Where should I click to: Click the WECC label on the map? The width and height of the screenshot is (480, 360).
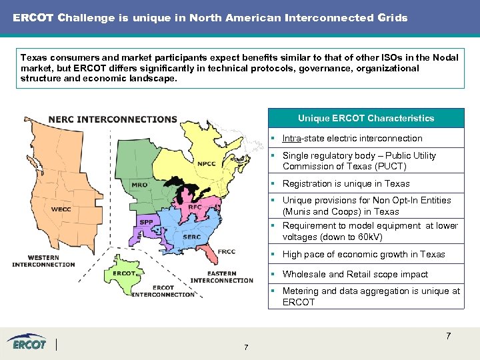[x=61, y=209]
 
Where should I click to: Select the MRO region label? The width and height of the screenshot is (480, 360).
[x=139, y=185]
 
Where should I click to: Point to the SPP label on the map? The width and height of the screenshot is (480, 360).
[x=145, y=221]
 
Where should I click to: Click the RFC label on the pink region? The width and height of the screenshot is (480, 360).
[x=195, y=207]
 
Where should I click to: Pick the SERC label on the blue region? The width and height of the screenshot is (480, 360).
[x=192, y=237]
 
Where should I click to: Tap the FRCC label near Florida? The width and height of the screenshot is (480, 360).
[x=227, y=252]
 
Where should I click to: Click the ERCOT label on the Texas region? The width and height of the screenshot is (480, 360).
[x=125, y=273]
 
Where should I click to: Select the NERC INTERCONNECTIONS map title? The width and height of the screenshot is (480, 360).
[x=113, y=119]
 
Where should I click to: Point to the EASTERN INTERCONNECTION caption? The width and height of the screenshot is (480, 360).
[x=222, y=277]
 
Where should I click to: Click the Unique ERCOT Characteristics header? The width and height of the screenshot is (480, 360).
[x=365, y=118]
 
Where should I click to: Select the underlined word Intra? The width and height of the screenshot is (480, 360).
[x=292, y=139]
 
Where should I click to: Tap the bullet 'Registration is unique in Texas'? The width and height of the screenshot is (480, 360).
[x=346, y=183]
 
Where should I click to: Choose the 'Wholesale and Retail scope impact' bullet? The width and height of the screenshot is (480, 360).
[x=355, y=274]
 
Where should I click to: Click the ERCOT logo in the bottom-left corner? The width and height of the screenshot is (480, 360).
[x=27, y=343]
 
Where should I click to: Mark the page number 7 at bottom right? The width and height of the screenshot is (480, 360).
[x=448, y=336]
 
